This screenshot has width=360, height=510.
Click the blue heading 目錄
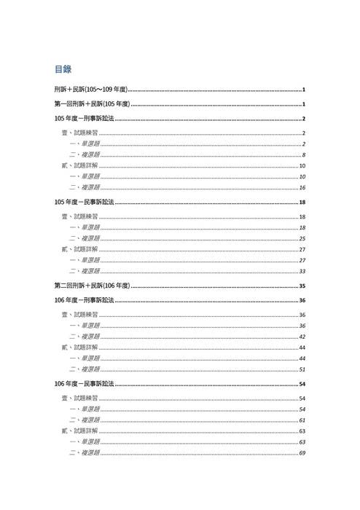point(63,69)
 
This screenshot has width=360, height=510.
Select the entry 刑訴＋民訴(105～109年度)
point(91,90)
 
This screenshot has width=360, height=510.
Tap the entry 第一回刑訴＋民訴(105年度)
point(92,104)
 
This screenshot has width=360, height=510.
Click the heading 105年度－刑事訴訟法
point(84,119)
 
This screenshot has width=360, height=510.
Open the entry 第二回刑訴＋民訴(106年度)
point(92,286)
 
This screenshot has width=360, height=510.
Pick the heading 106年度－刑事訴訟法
point(84,299)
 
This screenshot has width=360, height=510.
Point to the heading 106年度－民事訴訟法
point(84,383)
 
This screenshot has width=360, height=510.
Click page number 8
point(303,155)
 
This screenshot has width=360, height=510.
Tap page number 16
point(302,188)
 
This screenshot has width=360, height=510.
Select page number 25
point(302,238)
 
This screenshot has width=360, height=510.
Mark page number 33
point(302,271)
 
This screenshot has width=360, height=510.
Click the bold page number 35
point(302,286)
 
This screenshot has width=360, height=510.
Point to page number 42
point(302,337)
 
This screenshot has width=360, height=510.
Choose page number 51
point(302,369)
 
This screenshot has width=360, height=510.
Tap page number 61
point(302,420)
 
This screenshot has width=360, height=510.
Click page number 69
point(302,453)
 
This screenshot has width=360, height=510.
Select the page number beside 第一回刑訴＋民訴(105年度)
point(303,104)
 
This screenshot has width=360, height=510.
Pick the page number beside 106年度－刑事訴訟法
point(302,299)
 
